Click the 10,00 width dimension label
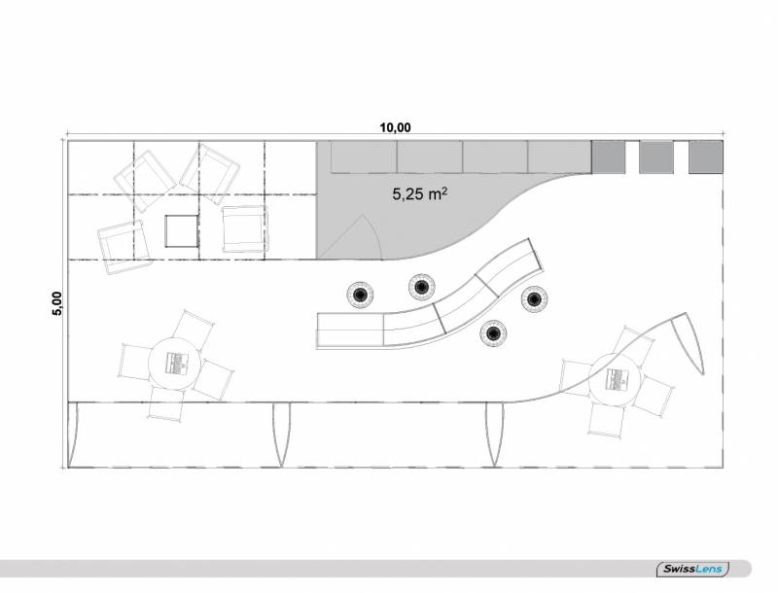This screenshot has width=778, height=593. pyautogui.click(x=395, y=127)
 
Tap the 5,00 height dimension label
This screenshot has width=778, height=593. pyautogui.click(x=57, y=303)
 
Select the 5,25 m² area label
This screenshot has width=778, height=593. pyautogui.click(x=420, y=193)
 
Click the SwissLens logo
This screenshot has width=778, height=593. pyautogui.click(x=693, y=569)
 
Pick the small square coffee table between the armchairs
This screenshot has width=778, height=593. pyautogui.click(x=182, y=231)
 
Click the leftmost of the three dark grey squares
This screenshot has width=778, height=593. pyautogui.click(x=609, y=157)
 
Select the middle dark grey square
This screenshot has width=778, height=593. pyautogui.click(x=655, y=157)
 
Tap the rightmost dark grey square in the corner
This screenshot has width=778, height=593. pyautogui.click(x=706, y=157)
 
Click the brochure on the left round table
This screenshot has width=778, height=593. pyautogui.click(x=175, y=363)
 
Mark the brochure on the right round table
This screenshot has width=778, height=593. pyautogui.click(x=616, y=379)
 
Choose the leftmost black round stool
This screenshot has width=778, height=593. pyautogui.click(x=360, y=295)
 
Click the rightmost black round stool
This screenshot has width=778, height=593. pyautogui.click(x=534, y=299)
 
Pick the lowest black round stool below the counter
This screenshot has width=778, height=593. pyautogui.click(x=493, y=333)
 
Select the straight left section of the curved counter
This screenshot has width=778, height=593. pyautogui.click(x=350, y=330)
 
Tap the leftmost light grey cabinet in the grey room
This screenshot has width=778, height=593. pyautogui.click(x=364, y=157)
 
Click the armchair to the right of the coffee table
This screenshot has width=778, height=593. pyautogui.click(x=244, y=229)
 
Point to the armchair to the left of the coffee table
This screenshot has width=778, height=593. pyautogui.click(x=124, y=248)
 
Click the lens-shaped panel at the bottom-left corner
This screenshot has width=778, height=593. pyautogui.click(x=73, y=435)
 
